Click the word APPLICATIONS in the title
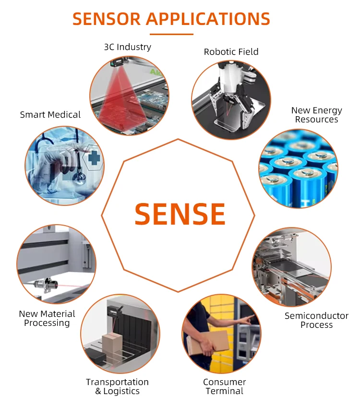[x=208, y=19]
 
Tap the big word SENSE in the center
[x=180, y=214]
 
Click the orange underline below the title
[x=171, y=34]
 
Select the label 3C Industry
[x=128, y=47]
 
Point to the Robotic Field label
[x=231, y=52]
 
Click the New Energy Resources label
[x=316, y=115]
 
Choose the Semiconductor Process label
[x=316, y=320]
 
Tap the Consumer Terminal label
[x=224, y=386]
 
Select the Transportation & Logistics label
[x=117, y=386]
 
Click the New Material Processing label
[x=47, y=318]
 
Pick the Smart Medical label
[x=50, y=115]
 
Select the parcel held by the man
[x=211, y=342]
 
